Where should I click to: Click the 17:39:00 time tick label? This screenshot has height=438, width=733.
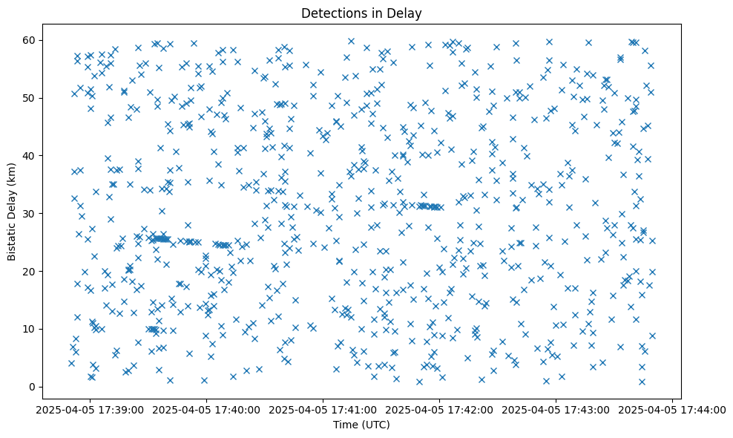91,409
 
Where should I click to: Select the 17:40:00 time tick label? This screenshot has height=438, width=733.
207,409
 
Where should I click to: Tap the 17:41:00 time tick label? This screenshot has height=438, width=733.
323,409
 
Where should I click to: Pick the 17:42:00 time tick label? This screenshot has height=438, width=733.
439,409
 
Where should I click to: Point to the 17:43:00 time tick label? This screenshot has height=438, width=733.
556,409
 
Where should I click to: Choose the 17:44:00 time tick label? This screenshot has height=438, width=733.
672,409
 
